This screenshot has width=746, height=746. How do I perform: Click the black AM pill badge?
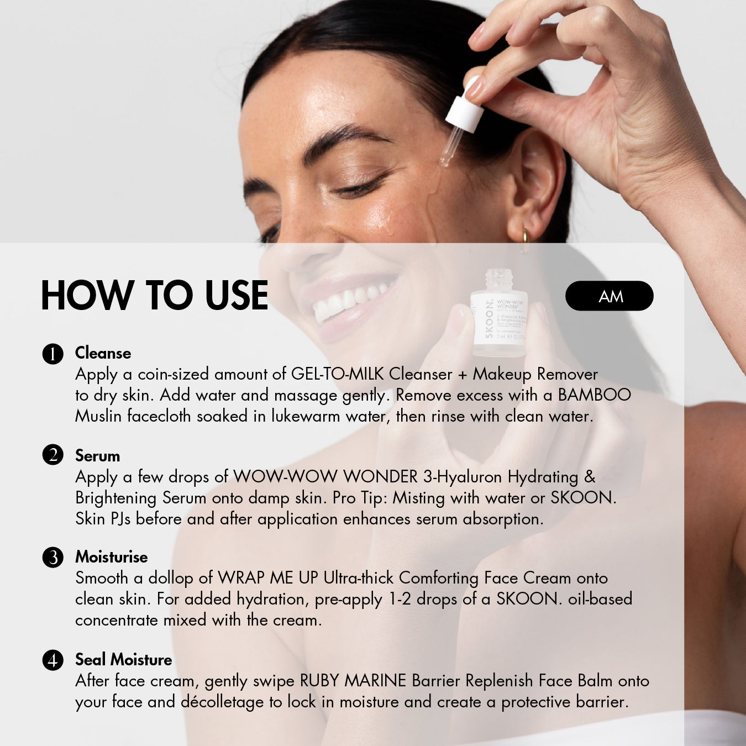click(610, 296)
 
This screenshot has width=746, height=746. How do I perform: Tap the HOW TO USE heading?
click(155, 296)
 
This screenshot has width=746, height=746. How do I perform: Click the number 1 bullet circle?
click(52, 354)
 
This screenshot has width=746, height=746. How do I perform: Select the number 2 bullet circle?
click(52, 455)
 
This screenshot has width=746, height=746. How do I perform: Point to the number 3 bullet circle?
click(52, 558)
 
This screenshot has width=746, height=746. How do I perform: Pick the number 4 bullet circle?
click(52, 660)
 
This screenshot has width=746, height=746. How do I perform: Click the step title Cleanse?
click(103, 353)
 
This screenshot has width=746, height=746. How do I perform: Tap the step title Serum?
click(98, 456)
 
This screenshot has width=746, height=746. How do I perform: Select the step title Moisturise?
click(112, 557)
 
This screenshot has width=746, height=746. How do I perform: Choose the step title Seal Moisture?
click(123, 660)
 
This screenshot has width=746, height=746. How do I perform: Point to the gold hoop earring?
click(526, 239)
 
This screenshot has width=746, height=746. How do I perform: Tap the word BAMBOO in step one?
click(594, 395)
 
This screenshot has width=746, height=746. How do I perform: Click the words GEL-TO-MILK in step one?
click(337, 374)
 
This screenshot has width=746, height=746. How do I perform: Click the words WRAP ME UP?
click(268, 578)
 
